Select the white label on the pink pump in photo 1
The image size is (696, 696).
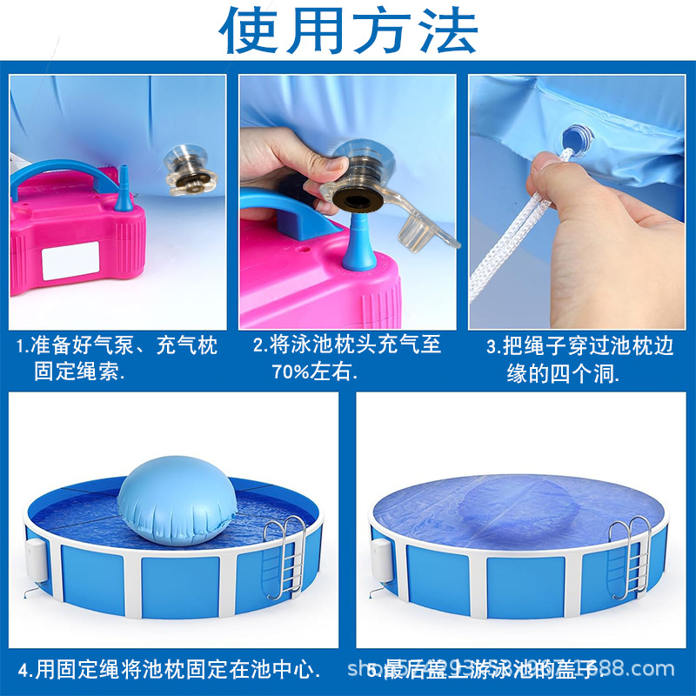(70, 260)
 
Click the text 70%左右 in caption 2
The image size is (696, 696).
(313, 371)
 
